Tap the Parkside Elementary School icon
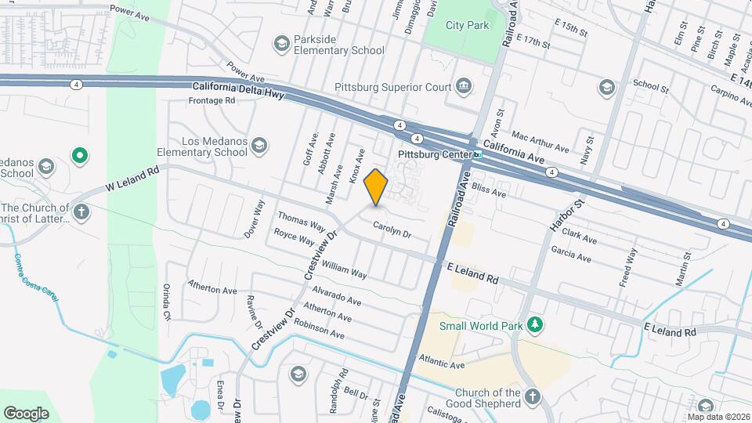[x=281, y=44]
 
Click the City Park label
[x=467, y=25]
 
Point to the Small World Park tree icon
[x=535, y=324]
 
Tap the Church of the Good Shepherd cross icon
[x=533, y=396]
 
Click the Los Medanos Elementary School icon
[x=259, y=146]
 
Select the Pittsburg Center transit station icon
[x=476, y=154]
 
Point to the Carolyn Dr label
[x=391, y=230]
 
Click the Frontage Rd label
[x=213, y=101]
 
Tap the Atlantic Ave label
[x=441, y=363]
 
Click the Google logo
[x=26, y=413]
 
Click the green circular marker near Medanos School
[x=79, y=156]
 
